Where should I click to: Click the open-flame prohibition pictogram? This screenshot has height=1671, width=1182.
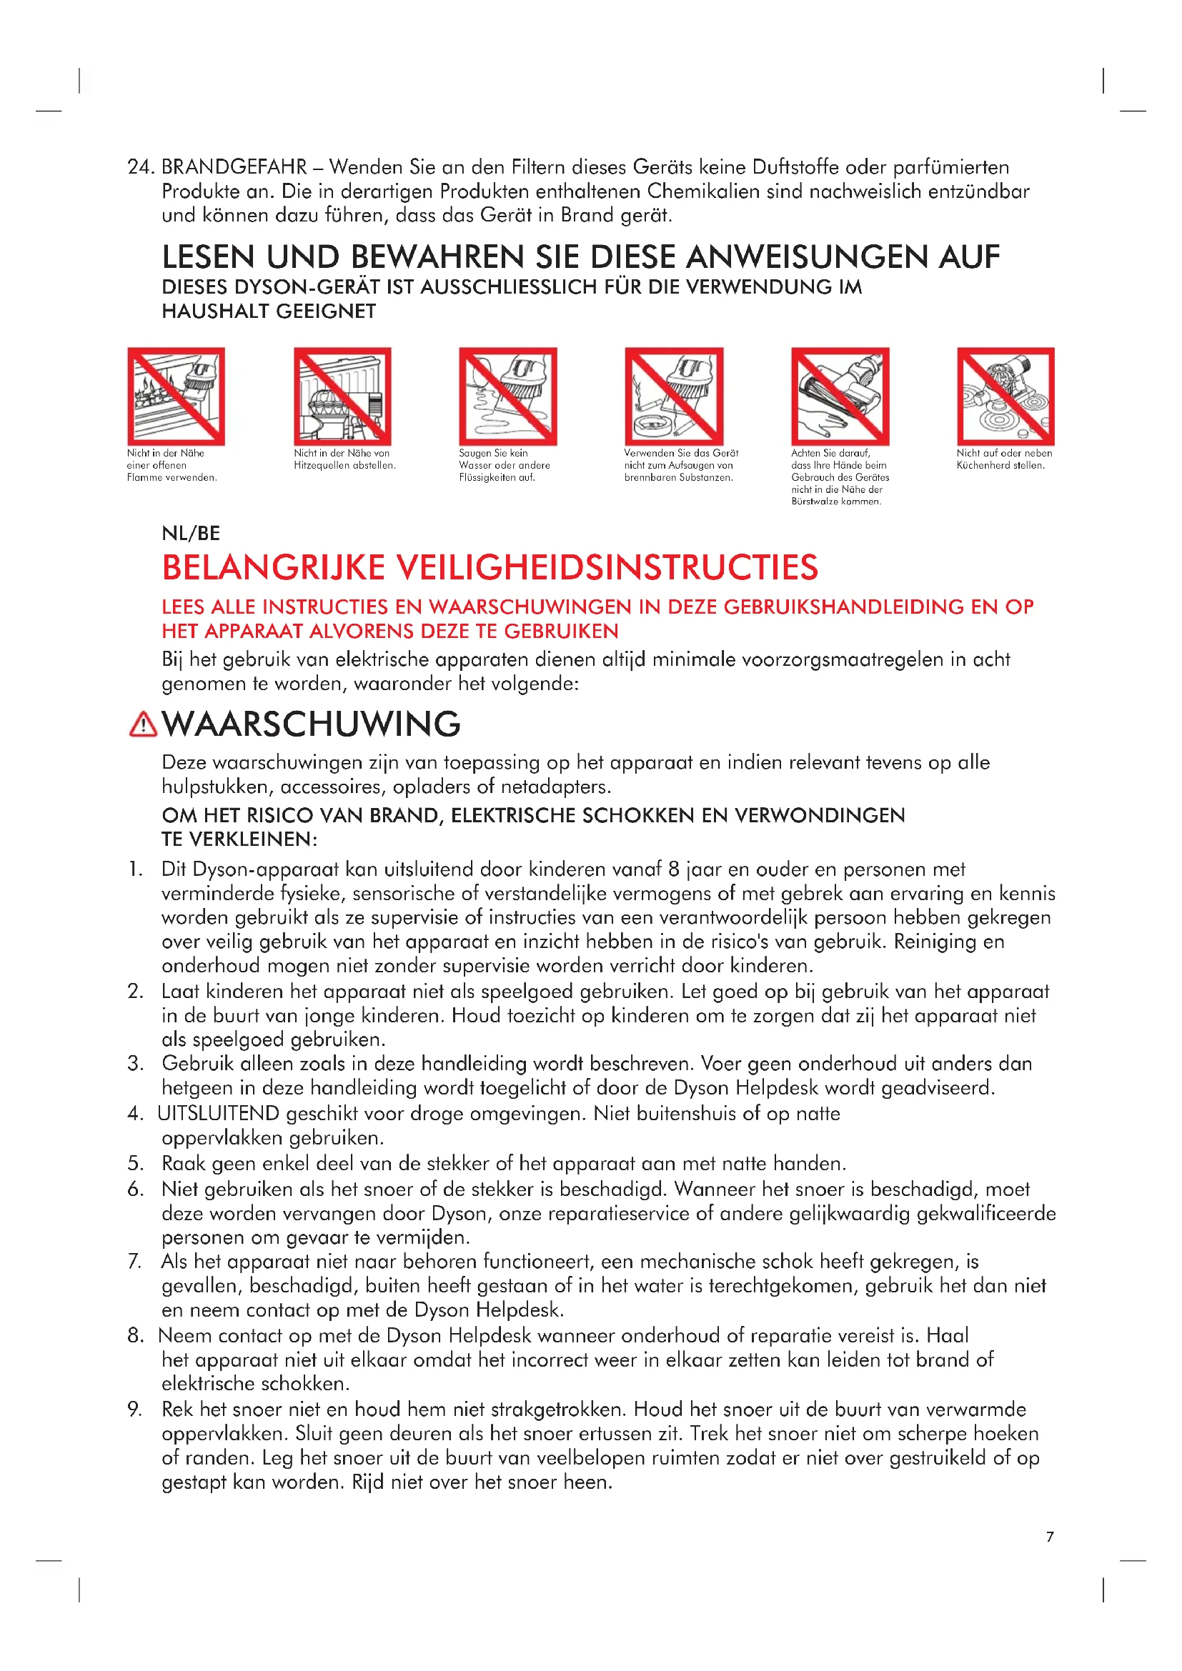click(176, 396)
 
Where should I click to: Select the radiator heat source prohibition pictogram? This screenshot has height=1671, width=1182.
click(342, 396)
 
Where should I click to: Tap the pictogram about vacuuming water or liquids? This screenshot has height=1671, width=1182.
click(508, 396)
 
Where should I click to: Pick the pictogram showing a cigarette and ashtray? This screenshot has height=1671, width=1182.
click(674, 396)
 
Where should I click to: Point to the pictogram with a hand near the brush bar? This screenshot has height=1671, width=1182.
click(840, 396)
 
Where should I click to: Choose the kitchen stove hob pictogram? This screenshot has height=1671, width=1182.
click(1005, 396)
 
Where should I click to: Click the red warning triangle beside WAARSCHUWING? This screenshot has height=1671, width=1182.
click(143, 724)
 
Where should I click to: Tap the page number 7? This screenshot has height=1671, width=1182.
click(1050, 1537)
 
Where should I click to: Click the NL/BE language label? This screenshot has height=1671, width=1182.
click(191, 533)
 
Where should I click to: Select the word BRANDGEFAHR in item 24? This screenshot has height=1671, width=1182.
click(234, 167)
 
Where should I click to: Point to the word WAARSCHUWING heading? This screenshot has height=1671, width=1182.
click(311, 724)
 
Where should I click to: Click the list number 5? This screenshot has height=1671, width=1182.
click(135, 1163)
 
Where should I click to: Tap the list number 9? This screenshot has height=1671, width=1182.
click(135, 1409)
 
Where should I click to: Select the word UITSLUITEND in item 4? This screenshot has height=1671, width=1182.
click(218, 1114)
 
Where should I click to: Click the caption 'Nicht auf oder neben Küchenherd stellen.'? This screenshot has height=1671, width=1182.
click(1003, 459)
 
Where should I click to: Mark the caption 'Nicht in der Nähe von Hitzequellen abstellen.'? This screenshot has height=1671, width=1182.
click(344, 459)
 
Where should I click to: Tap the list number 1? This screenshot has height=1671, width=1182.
click(135, 869)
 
